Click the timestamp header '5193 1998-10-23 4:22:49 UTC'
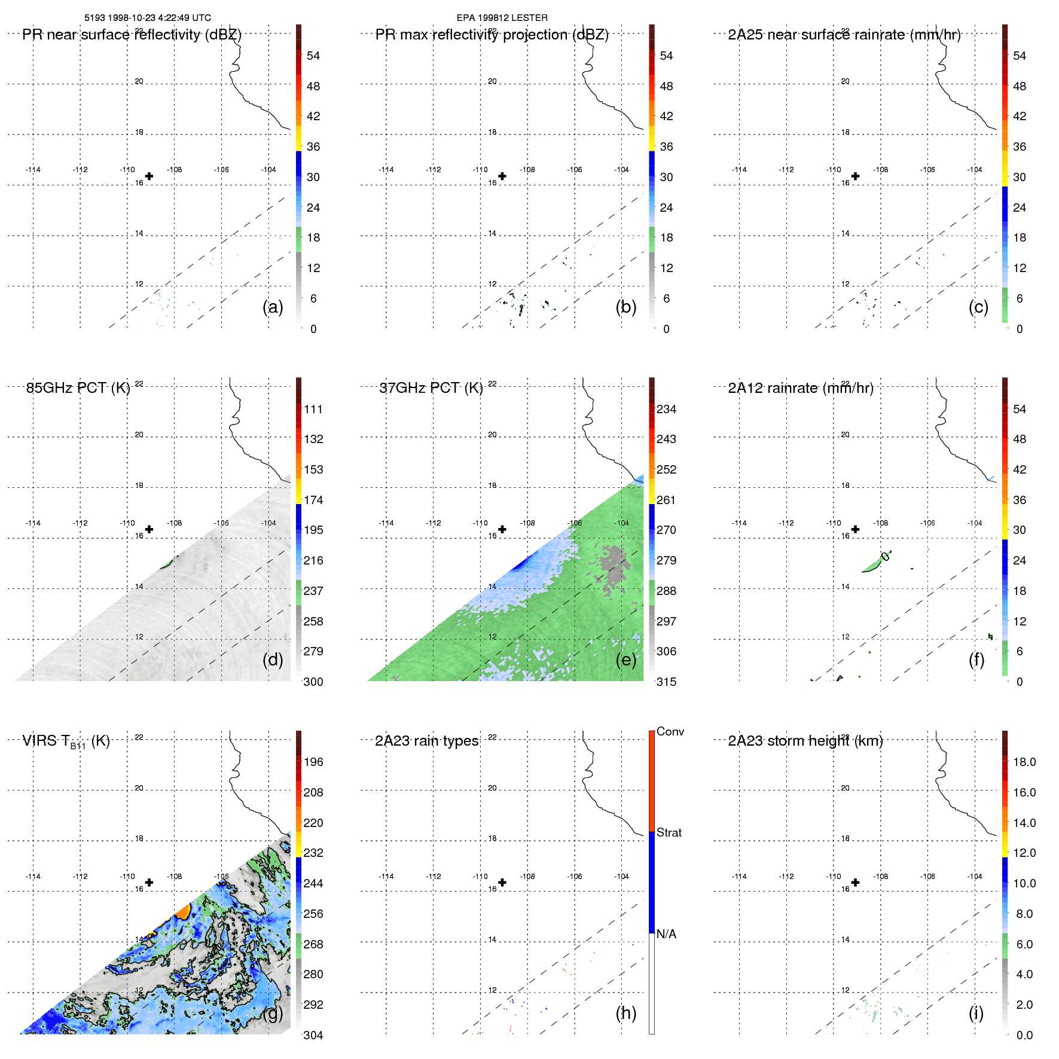[147, 18]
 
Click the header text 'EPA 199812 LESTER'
[502, 18]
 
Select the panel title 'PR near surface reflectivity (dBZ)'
[132, 35]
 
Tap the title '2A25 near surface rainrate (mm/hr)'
[844, 35]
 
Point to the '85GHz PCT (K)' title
[78, 388]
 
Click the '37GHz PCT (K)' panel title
[431, 388]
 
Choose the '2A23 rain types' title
[426, 741]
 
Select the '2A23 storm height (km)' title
[805, 741]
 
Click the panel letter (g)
[273, 1013]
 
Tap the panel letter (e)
[626, 660]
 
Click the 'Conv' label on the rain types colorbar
[670, 731]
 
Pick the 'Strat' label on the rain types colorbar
[669, 832]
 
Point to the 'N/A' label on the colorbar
[666, 934]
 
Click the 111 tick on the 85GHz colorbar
[313, 409]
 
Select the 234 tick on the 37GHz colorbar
[666, 409]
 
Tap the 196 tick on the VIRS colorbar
[313, 762]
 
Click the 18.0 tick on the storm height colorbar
[1024, 762]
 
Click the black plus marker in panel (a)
[149, 176]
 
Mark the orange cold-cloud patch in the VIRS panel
[183, 911]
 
